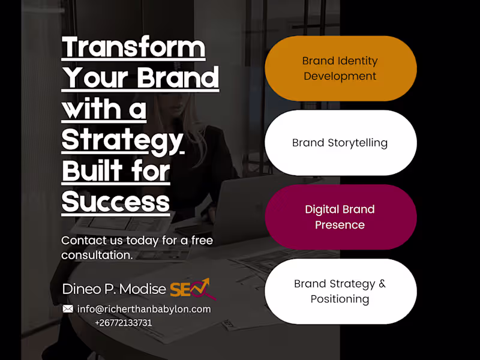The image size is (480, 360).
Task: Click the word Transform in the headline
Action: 133,47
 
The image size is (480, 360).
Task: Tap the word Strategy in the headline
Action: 123,142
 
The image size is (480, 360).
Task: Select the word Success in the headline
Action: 116,202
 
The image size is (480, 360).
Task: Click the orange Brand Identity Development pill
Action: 341,68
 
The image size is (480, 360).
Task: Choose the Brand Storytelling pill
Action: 341,143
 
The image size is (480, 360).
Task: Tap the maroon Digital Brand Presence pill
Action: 341,217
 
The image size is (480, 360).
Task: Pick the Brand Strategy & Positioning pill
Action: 341,292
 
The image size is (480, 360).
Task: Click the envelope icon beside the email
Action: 68,308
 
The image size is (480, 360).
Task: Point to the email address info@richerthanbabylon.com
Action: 144,309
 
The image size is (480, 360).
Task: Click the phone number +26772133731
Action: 124,323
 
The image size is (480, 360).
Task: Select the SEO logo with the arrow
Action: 193,289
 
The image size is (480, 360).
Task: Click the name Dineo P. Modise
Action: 114,289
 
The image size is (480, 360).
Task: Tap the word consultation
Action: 97,255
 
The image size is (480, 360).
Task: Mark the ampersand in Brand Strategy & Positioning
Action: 382,283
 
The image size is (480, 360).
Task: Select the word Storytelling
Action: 358,143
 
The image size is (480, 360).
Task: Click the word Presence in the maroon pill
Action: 340,225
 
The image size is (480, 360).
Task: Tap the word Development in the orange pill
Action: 340,76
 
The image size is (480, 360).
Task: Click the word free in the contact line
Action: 202,241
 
